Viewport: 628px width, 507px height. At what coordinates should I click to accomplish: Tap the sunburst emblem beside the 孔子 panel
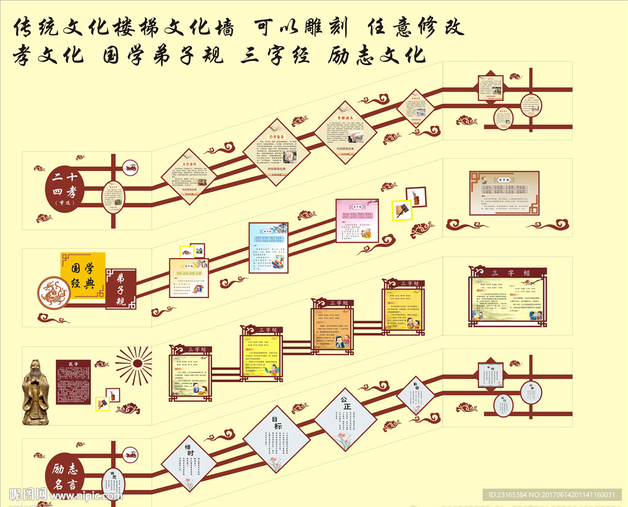134,365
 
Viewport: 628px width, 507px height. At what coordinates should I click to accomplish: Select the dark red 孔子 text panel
74,382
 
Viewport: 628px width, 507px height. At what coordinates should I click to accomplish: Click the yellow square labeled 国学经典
83,275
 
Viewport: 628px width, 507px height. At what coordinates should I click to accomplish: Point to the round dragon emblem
55,294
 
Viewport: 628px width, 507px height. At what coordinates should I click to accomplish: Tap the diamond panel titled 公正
345,419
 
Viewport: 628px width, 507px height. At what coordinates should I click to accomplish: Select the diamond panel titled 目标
277,439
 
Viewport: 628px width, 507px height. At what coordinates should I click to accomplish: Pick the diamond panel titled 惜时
189,463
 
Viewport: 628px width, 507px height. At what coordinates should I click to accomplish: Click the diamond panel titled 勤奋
416,395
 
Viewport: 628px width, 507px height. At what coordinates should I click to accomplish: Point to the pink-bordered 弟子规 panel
357,220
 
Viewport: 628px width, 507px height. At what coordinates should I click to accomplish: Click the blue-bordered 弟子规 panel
268,248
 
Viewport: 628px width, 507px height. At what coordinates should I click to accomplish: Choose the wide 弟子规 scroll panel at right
504,193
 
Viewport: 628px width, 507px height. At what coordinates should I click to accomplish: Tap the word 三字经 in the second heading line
273,55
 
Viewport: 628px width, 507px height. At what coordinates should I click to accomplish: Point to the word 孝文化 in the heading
48,55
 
